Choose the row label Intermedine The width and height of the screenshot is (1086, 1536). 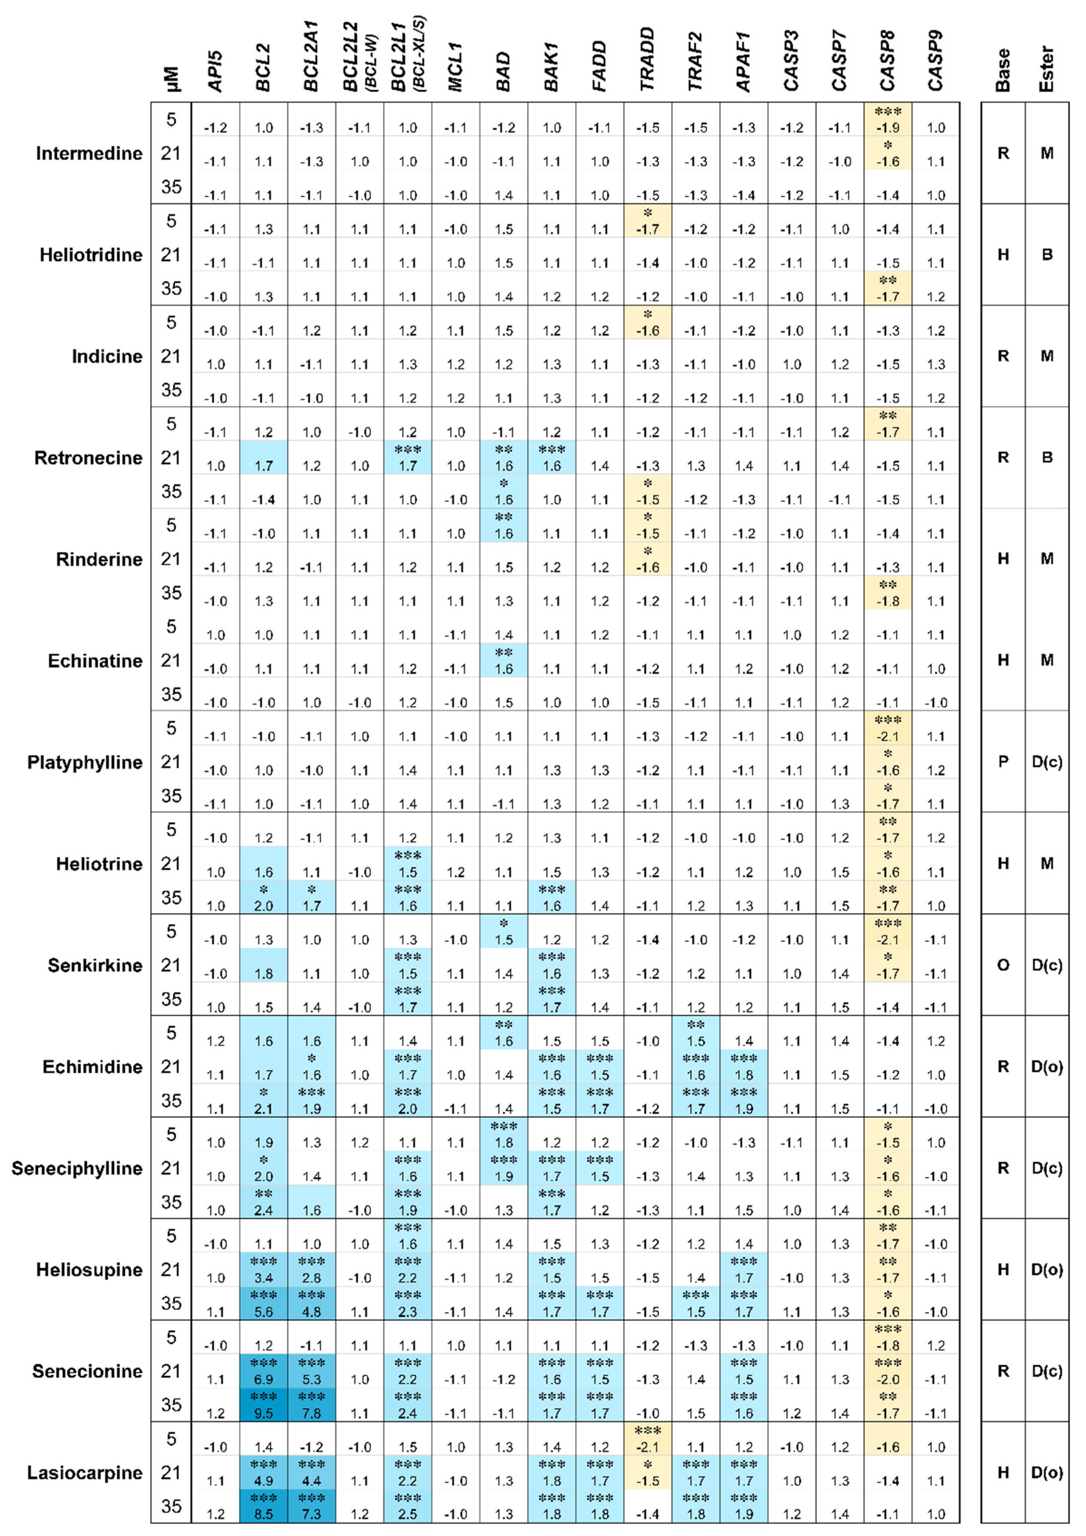(x=89, y=153)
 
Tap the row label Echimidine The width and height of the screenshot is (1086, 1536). (x=92, y=1066)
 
